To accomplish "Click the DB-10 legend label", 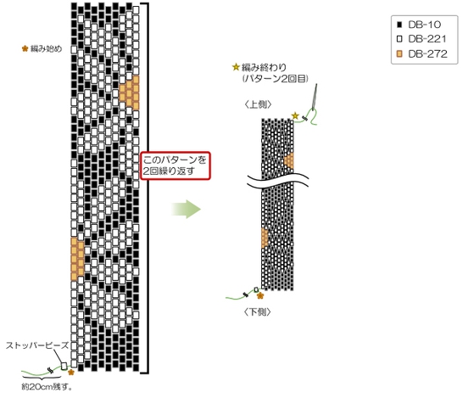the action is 424,25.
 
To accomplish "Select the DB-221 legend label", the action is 427,39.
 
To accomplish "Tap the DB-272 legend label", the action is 427,53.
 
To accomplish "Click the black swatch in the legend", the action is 399,25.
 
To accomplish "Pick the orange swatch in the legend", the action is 399,53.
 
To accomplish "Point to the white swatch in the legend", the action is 399,39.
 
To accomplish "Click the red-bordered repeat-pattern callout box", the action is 175,165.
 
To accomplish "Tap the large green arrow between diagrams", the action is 186,209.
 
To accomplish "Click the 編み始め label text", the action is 47,48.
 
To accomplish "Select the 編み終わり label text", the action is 264,67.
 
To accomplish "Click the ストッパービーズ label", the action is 37,345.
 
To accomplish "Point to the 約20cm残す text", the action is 47,387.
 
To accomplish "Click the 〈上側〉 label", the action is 258,104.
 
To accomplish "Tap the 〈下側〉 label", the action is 257,312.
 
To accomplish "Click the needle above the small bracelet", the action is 314,97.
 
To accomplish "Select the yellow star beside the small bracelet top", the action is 295,115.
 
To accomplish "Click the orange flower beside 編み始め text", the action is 25,48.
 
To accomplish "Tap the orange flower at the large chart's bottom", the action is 70,373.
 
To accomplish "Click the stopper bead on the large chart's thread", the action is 64,366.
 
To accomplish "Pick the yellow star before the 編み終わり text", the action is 236,67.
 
